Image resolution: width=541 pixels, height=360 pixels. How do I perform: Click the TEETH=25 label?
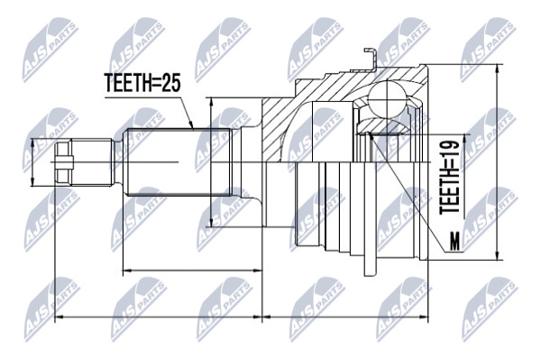tap(142, 83)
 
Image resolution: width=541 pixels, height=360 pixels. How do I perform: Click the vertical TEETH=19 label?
tap(450, 176)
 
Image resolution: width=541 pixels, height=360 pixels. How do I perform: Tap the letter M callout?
tap(455, 241)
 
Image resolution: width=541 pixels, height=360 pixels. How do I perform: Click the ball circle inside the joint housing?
tap(388, 99)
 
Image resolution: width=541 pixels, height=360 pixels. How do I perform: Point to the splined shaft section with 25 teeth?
tap(178, 162)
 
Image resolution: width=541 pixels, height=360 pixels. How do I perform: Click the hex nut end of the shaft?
tap(64, 162)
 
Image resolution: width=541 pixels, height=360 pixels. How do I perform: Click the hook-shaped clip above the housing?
tap(371, 59)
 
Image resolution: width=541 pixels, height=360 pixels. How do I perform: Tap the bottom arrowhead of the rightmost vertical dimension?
tap(497, 254)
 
